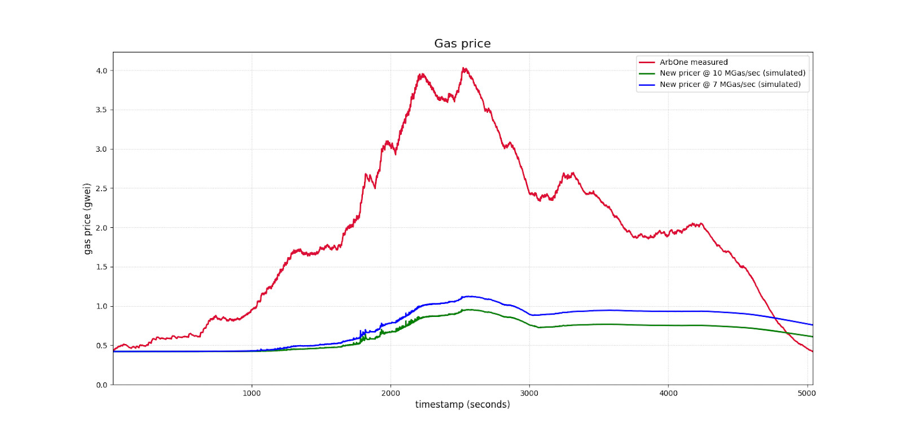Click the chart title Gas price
click(462, 43)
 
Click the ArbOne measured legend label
click(694, 62)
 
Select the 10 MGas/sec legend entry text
click(732, 73)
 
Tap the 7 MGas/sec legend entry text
click(730, 84)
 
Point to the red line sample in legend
click(647, 62)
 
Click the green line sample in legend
click(647, 73)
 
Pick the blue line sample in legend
click(647, 85)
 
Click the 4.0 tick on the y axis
click(101, 70)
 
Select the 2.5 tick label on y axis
click(101, 188)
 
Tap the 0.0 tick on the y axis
click(101, 385)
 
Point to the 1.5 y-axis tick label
click(101, 267)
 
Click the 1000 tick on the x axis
click(252, 393)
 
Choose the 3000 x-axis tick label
click(529, 393)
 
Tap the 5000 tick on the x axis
click(806, 393)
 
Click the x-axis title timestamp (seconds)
click(462, 404)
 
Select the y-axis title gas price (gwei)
click(87, 218)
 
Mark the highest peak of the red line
click(463, 68)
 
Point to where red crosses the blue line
click(775, 318)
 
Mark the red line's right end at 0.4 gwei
click(812, 351)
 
